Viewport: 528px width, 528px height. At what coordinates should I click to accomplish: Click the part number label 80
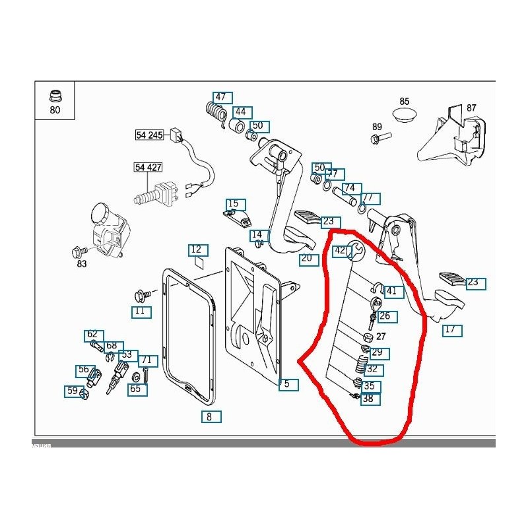(54, 110)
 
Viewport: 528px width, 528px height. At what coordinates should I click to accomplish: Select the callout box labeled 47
(220, 97)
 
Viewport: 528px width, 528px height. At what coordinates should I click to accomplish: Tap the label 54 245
(149, 135)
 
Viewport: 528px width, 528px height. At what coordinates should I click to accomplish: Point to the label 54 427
(149, 168)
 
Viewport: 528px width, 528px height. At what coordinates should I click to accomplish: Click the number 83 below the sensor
(81, 265)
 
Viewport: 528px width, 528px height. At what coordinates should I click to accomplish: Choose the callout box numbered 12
(196, 249)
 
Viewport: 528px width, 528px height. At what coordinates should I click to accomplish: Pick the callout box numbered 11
(139, 311)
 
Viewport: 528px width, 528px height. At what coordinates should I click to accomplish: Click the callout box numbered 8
(209, 416)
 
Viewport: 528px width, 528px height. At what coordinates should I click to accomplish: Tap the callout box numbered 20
(306, 258)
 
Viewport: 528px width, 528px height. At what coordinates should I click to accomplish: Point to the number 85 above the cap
(405, 102)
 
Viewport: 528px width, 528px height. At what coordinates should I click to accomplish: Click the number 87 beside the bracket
(471, 108)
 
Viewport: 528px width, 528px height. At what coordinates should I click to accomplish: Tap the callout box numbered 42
(339, 250)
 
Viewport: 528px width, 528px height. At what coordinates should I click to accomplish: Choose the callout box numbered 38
(368, 399)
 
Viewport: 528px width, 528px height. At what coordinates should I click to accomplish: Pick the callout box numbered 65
(135, 389)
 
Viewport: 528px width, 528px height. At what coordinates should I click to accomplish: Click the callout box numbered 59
(72, 391)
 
